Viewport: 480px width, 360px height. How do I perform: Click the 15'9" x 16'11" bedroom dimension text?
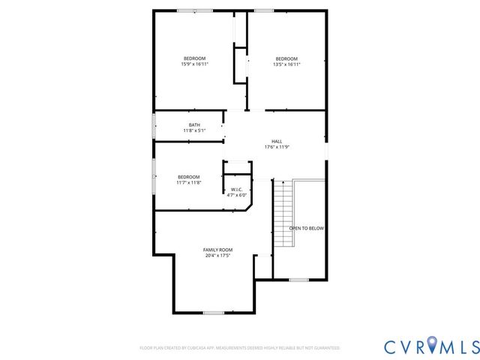(194, 65)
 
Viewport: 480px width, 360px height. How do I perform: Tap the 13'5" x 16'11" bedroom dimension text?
(286, 65)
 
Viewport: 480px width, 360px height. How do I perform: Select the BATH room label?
(194, 124)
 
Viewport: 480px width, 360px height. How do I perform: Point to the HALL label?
(277, 140)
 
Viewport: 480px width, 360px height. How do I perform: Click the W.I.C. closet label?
(236, 189)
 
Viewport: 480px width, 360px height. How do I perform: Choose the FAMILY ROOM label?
(217, 249)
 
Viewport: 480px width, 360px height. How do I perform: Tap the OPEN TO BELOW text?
(307, 228)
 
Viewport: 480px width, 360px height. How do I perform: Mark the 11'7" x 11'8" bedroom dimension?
(189, 182)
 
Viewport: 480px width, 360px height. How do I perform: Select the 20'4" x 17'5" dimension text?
(217, 256)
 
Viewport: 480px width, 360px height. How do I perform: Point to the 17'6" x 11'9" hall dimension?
(277, 147)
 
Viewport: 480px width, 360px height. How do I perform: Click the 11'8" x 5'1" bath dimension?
(194, 130)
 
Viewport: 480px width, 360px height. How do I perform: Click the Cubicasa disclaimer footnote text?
(240, 348)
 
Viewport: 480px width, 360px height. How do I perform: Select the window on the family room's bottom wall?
(214, 312)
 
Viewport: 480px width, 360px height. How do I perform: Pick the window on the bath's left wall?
(154, 126)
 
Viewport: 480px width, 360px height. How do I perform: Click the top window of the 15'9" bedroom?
(194, 10)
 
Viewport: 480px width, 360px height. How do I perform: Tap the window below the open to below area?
(299, 280)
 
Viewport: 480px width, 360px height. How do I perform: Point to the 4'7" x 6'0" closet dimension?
(236, 195)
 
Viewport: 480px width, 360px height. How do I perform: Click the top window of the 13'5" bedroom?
(264, 10)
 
